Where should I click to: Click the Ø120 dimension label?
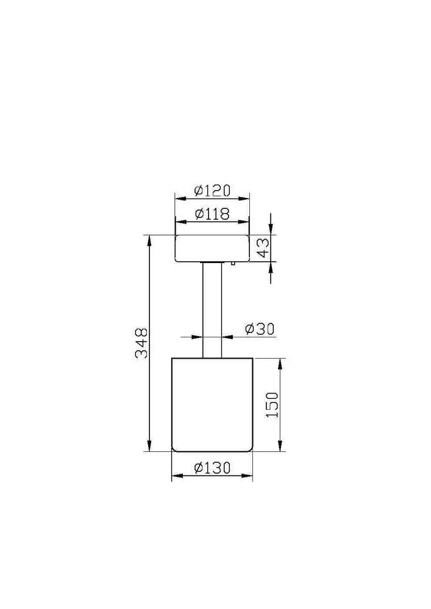(212, 190)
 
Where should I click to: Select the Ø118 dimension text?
(212, 213)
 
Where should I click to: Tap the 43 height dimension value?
(263, 248)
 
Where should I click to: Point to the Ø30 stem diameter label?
(260, 329)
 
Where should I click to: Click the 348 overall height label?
(141, 343)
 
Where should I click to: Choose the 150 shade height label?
(272, 405)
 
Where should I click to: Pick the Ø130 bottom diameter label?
(212, 468)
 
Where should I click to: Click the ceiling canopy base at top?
(212, 248)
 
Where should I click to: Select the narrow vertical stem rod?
(212, 310)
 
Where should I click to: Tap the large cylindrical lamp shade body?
(212, 405)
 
